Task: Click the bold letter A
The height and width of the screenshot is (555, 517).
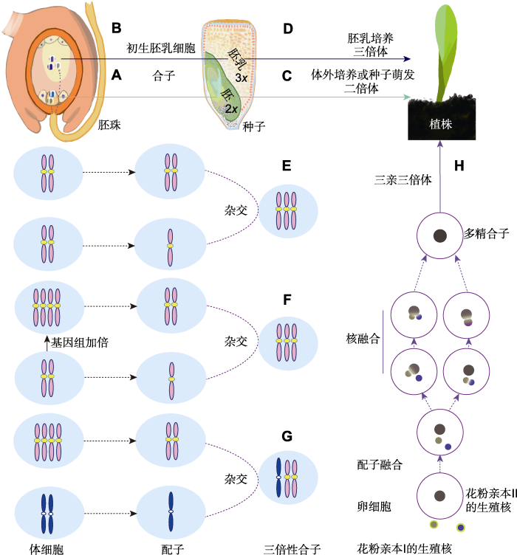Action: [116, 75]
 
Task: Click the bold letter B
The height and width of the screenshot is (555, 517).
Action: [116, 29]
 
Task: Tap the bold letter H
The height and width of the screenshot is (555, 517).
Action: [459, 165]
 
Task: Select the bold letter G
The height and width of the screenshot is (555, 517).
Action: [287, 435]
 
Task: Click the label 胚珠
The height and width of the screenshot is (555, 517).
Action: [110, 125]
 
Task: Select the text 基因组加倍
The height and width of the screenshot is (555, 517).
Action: [79, 342]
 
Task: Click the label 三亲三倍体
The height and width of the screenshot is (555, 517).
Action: [402, 179]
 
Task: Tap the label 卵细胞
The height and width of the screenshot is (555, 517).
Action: [373, 507]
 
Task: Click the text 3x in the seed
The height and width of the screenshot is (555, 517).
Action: [241, 77]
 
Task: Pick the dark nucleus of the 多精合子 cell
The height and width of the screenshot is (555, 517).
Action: [439, 236]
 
